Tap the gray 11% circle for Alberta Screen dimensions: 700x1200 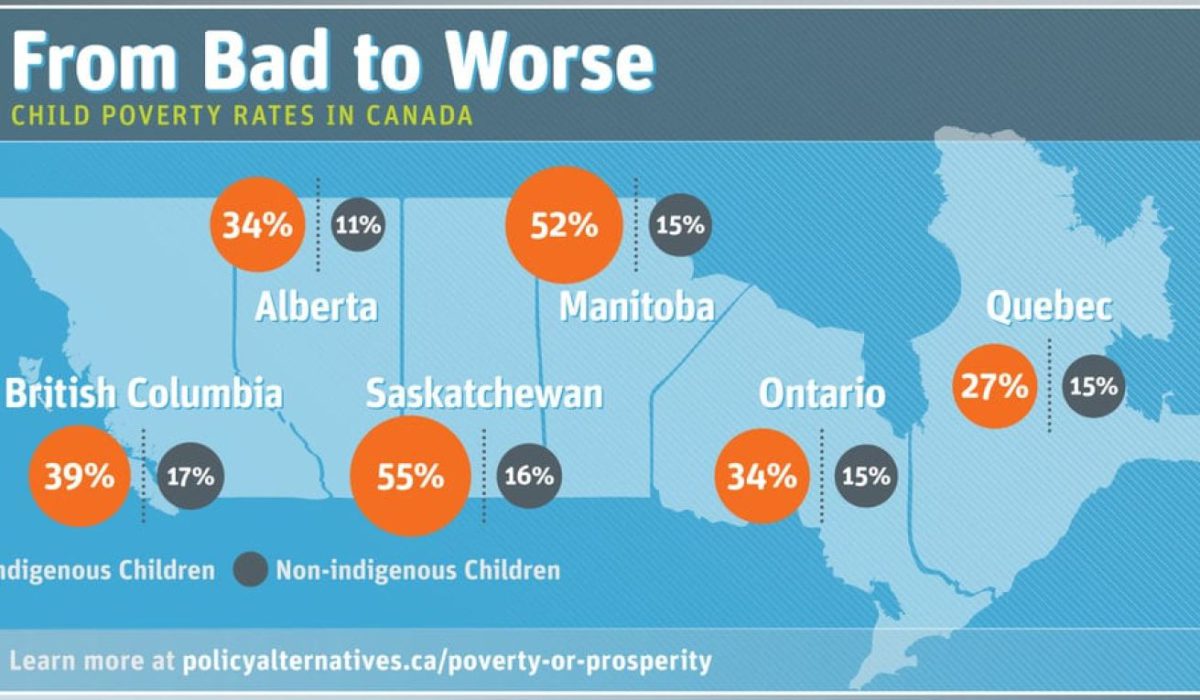[357, 225]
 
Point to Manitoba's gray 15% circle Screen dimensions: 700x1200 [680, 225]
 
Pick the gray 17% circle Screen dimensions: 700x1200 [190, 476]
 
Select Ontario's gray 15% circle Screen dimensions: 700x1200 [865, 476]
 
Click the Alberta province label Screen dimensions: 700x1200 [316, 307]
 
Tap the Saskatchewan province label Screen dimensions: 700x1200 [484, 394]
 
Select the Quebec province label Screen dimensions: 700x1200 [1048, 306]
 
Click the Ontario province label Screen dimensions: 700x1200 [822, 394]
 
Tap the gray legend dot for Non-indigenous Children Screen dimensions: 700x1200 [250, 571]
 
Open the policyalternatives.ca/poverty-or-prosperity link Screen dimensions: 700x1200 [447, 661]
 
